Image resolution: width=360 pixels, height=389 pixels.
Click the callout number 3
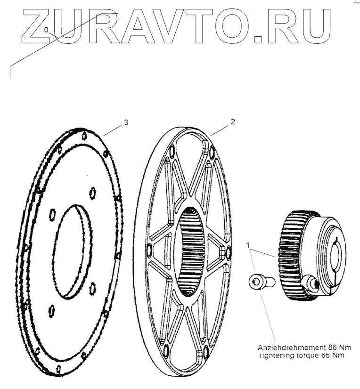coord(126,122)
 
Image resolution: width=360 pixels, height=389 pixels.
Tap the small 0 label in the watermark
coord(46,30)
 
